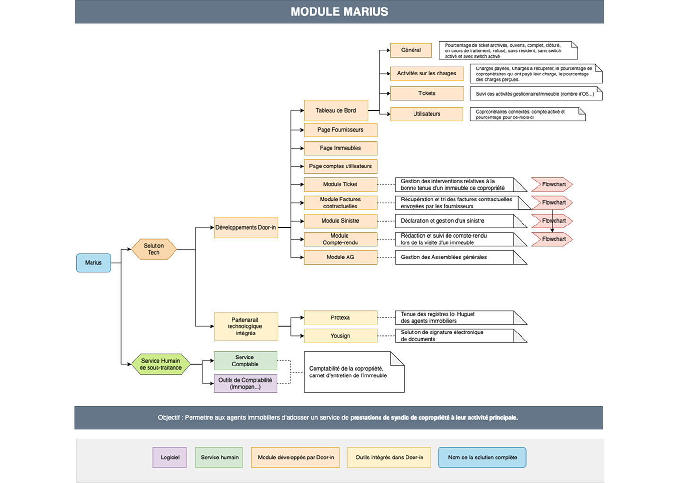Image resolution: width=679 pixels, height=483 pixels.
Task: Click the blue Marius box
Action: point(93,263)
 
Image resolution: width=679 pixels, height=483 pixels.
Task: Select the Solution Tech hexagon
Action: point(154,249)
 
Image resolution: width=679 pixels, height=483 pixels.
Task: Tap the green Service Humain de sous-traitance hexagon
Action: point(160,364)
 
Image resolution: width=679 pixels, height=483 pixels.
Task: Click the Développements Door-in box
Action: point(246,227)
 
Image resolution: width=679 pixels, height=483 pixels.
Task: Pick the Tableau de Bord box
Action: point(336,110)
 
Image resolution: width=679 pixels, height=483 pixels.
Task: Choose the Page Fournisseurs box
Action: point(340,130)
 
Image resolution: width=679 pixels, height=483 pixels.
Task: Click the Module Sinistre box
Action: point(340,221)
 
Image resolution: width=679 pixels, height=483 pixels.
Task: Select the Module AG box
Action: point(340,257)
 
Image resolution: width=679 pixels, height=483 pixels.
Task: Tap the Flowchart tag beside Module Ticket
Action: point(552,184)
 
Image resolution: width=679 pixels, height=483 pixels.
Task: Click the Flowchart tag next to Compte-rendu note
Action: point(552,239)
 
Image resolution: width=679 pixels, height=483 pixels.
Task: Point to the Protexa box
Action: point(340,317)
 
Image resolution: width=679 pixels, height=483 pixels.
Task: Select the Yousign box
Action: point(340,336)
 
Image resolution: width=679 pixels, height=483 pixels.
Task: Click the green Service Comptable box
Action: point(245,361)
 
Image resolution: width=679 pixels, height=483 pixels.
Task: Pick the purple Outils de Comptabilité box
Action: point(245,383)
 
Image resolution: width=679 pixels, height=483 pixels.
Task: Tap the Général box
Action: point(411,50)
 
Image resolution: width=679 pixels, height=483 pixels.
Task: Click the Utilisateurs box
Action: point(426,114)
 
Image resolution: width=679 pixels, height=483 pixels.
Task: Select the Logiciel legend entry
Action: point(170,458)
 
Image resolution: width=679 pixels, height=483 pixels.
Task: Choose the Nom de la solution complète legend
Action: point(482,458)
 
